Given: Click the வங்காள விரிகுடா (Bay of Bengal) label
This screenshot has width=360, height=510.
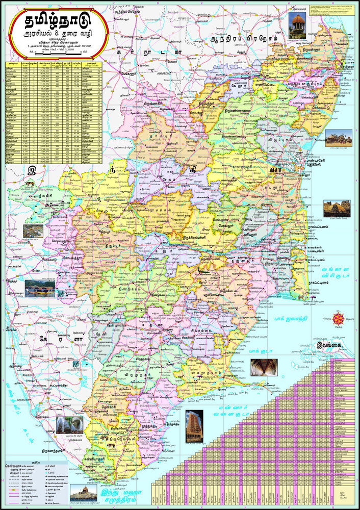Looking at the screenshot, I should pyautogui.click(x=337, y=275).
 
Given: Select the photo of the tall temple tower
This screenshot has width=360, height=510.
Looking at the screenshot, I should pyautogui.click(x=193, y=426).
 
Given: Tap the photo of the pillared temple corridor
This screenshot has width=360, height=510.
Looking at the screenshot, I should pyautogui.click(x=263, y=368).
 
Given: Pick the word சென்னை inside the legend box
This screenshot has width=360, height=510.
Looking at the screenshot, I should pyautogui.click(x=12, y=466).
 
